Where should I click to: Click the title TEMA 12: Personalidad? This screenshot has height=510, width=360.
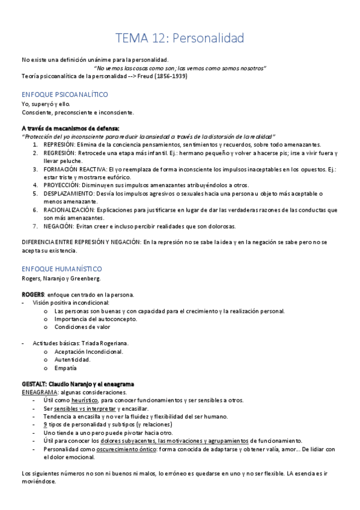click(180, 38)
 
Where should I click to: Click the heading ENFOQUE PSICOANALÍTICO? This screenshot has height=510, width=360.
click(64, 95)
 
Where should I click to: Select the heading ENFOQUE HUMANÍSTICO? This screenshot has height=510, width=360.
click(61, 269)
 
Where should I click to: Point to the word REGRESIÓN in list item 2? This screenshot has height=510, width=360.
click(59, 153)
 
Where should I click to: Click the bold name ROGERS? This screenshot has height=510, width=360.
click(32, 294)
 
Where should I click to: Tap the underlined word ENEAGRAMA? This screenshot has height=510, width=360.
click(39, 392)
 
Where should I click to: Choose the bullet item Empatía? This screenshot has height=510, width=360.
click(66, 367)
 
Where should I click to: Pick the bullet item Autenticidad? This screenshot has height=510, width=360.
click(72, 360)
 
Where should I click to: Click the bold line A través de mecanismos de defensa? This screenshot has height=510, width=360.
click(70, 128)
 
